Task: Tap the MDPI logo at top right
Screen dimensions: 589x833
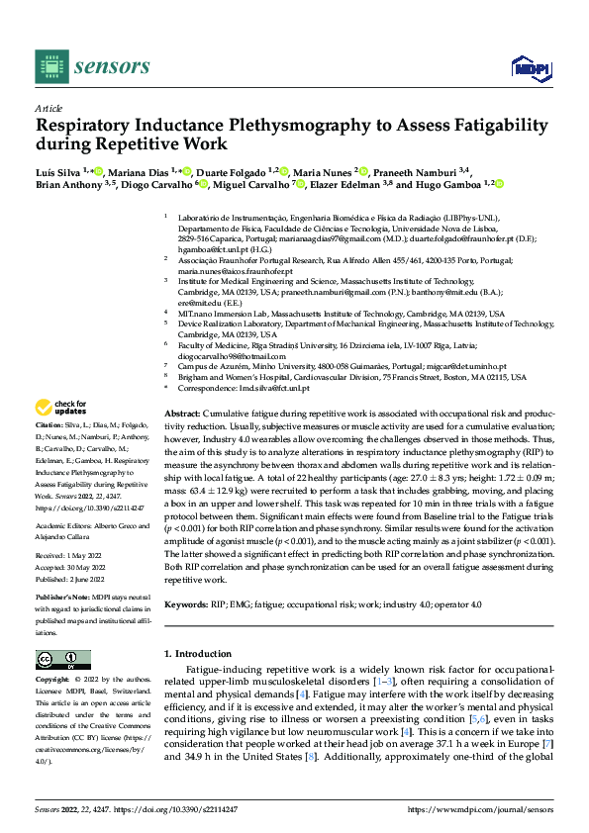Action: point(530,66)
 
